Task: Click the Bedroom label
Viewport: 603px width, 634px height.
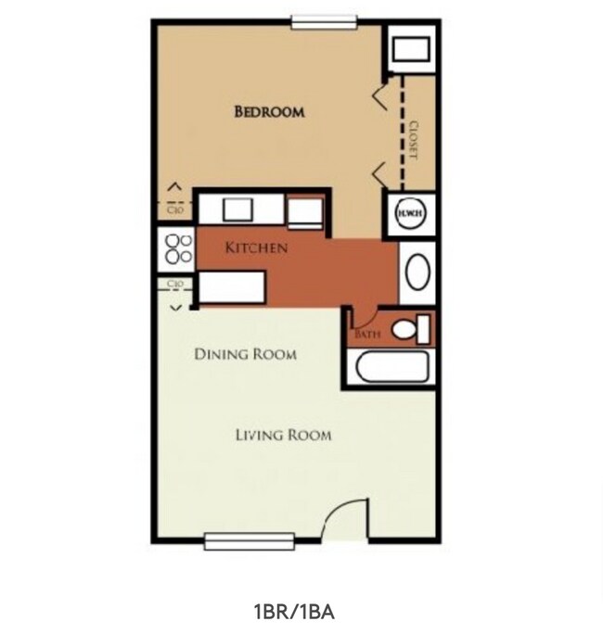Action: click(x=269, y=112)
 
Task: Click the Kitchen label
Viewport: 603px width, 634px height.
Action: click(x=255, y=248)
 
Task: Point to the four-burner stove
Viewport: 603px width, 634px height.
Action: click(x=178, y=248)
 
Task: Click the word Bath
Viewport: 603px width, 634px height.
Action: click(x=367, y=335)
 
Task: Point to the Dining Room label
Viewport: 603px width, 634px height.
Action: click(x=245, y=354)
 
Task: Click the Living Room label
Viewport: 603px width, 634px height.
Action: click(x=283, y=435)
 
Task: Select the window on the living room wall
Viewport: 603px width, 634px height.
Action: click(x=250, y=542)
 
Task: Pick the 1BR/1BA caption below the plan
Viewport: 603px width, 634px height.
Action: click(x=293, y=612)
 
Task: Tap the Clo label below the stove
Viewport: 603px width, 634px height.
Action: click(x=173, y=284)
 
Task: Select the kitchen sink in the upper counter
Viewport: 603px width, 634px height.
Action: click(x=237, y=209)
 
